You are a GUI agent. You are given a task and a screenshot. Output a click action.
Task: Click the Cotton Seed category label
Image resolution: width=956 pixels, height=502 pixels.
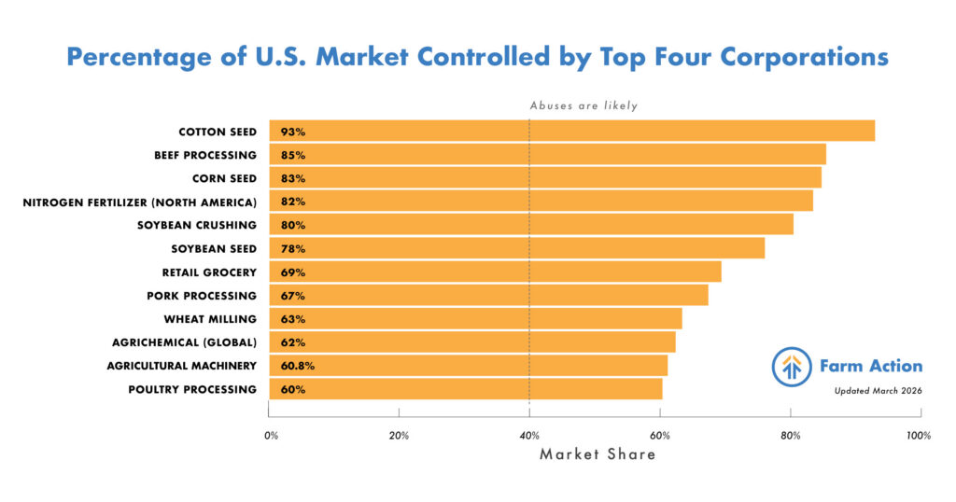(x=218, y=132)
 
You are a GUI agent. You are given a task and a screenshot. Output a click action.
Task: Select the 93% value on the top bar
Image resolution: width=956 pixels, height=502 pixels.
(x=292, y=132)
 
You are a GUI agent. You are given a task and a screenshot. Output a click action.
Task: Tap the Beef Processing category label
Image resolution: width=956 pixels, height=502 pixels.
(x=204, y=155)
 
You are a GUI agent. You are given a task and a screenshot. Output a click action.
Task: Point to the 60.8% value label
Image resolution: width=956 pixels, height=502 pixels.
(x=297, y=366)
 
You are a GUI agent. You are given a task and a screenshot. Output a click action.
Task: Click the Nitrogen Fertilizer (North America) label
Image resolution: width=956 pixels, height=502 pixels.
(x=139, y=202)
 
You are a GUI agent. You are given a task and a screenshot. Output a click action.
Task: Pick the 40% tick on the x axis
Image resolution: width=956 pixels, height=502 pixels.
(x=529, y=436)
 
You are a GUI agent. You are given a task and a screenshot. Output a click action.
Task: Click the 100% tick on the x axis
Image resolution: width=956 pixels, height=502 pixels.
(x=919, y=436)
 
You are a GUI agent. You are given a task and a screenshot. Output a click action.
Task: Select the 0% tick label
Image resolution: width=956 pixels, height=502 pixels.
(x=271, y=436)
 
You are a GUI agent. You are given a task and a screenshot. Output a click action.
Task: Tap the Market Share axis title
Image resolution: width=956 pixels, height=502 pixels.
(x=597, y=454)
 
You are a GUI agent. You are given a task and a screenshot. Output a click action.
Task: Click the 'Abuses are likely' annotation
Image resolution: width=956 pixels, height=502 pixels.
(x=583, y=105)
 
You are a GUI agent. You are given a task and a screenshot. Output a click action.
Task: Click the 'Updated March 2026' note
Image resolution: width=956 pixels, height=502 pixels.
(x=878, y=391)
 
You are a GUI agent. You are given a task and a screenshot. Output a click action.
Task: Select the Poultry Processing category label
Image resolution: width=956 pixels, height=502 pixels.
(x=192, y=389)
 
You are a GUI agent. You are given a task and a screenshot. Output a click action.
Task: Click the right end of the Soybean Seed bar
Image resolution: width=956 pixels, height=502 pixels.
(x=763, y=248)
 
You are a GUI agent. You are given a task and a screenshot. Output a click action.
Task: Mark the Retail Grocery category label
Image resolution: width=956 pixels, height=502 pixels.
(x=209, y=272)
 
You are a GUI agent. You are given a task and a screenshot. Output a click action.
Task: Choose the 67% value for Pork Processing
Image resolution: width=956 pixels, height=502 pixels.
(x=292, y=296)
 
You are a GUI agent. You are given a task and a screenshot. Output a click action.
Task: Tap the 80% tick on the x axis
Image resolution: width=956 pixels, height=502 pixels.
(x=790, y=436)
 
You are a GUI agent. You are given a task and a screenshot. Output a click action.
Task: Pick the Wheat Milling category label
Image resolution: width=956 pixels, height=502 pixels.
(x=211, y=319)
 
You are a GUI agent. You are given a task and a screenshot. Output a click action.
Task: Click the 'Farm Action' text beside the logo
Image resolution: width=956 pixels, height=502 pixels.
(x=871, y=366)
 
